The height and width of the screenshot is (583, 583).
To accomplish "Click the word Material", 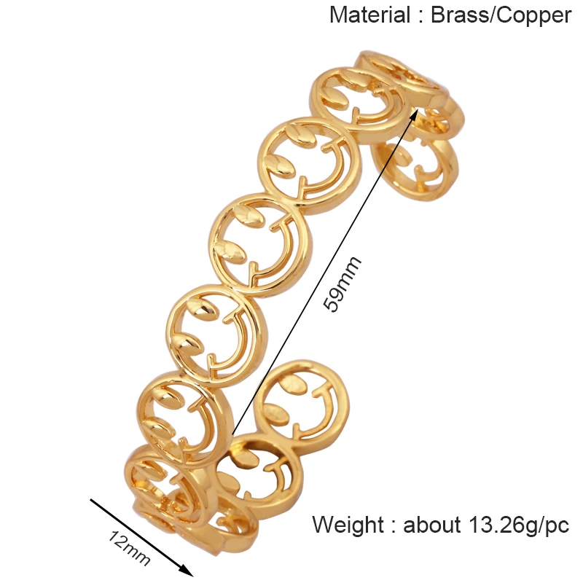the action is pos(369,15).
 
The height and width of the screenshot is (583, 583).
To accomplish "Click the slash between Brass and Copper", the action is pos(494,15).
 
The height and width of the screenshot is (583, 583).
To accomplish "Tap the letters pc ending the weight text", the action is pos(556,526).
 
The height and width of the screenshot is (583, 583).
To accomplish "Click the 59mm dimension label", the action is pos(342,284).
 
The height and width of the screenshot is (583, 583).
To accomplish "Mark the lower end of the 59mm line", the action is pos(232,437).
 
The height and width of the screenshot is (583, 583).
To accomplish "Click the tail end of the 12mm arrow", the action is pos(91,500).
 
